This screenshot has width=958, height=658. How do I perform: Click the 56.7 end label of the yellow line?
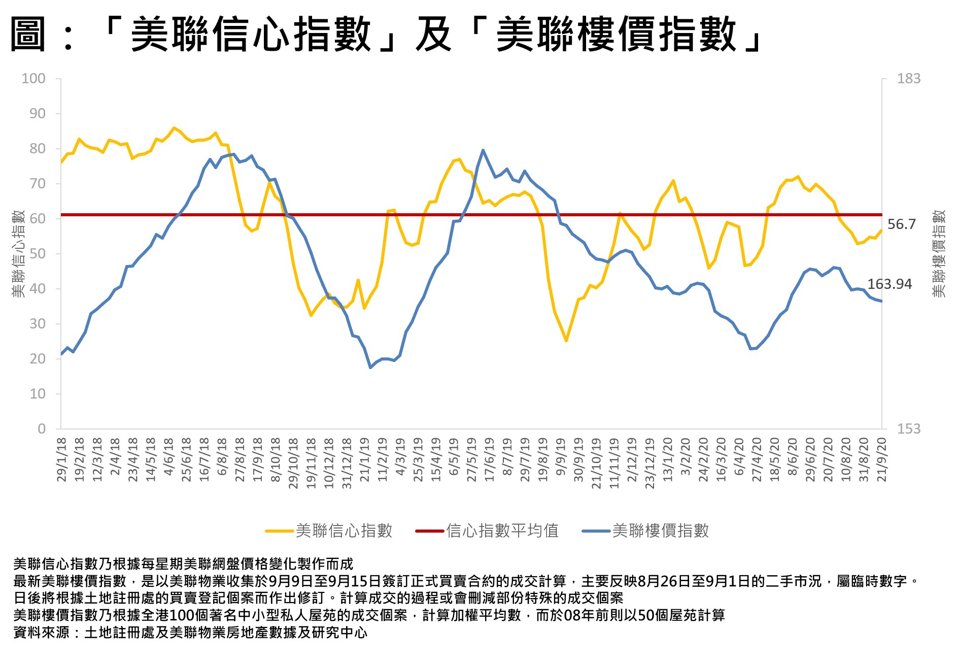901,224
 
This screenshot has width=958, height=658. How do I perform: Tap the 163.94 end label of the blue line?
889,284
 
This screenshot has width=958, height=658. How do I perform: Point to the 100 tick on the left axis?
33,79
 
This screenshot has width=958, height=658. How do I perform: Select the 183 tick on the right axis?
908,79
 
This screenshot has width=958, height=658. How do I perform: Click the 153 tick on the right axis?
908,429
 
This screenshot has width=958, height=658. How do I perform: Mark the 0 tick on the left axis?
42,429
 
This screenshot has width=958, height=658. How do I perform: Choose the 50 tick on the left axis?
37,254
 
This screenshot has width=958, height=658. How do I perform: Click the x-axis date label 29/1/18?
62,459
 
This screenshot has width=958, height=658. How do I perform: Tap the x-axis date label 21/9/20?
882,459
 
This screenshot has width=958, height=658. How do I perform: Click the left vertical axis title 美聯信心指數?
18,253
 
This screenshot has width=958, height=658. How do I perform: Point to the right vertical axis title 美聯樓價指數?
939,253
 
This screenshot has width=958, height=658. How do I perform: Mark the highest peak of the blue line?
483,150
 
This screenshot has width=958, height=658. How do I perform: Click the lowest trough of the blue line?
370,367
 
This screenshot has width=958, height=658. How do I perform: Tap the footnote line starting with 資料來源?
190,633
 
